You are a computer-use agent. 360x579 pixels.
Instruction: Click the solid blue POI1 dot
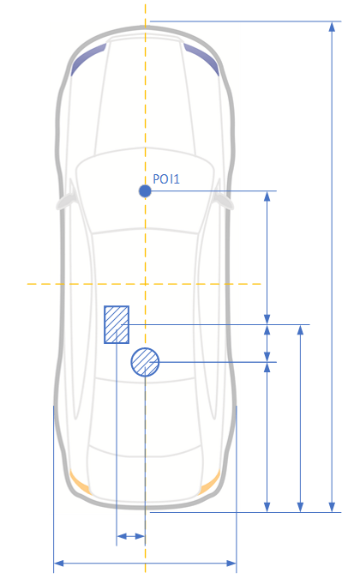(x=145, y=191)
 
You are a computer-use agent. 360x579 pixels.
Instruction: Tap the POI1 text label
(x=166, y=179)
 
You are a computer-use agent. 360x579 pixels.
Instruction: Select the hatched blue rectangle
(x=117, y=324)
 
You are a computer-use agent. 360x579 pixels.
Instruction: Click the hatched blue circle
(x=145, y=362)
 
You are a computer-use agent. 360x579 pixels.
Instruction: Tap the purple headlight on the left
(x=87, y=59)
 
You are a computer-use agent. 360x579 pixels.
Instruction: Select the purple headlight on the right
(x=201, y=59)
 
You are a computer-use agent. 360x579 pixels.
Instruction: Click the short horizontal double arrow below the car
(x=130, y=536)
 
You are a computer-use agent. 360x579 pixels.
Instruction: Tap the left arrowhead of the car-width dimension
(x=58, y=563)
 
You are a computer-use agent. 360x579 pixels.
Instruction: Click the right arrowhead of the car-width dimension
(x=231, y=563)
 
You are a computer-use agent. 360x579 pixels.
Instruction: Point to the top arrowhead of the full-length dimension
(x=332, y=27)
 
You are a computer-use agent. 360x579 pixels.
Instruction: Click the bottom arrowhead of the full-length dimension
(x=332, y=507)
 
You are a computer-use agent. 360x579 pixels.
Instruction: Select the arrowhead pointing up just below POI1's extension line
(x=267, y=196)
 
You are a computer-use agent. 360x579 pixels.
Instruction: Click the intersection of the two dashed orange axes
(x=145, y=284)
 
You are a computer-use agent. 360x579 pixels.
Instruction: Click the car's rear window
(x=145, y=417)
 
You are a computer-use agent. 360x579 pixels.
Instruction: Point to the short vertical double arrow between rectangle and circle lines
(x=267, y=343)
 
